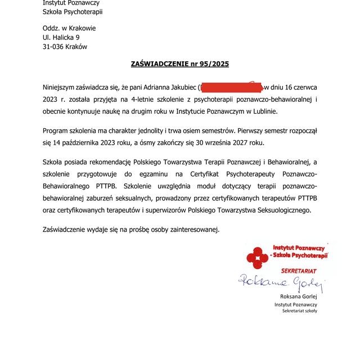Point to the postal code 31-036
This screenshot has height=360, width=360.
tap(54, 47)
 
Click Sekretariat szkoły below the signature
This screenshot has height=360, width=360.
tap(299, 310)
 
